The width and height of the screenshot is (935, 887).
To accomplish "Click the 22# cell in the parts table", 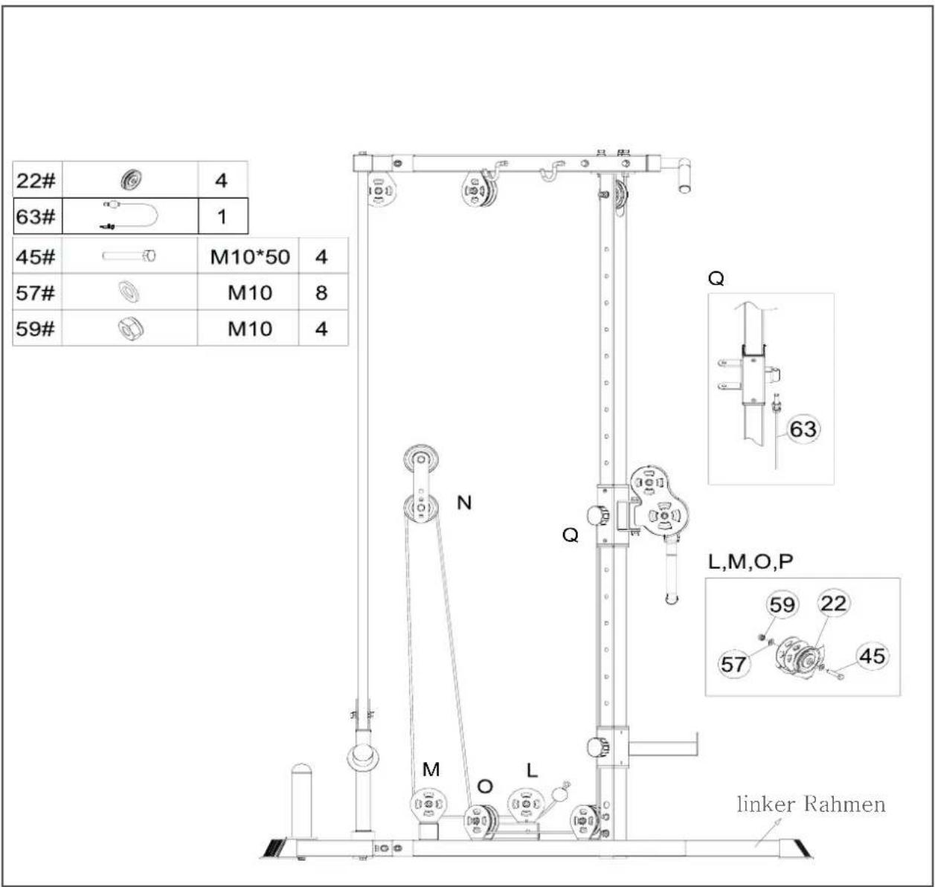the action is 36,181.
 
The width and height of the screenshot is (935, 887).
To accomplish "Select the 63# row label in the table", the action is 36,217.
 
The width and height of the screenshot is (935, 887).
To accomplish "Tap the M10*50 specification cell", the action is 250,257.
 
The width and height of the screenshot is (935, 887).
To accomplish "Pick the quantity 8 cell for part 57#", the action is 321,293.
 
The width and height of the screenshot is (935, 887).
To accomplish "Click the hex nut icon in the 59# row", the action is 130,329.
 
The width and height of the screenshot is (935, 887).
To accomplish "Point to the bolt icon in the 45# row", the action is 129,257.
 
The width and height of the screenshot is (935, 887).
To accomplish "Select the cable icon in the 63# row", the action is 130,216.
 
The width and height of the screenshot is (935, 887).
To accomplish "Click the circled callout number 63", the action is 803,429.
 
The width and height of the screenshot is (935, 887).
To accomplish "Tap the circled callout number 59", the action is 782,604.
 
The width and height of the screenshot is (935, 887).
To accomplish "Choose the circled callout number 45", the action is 873,656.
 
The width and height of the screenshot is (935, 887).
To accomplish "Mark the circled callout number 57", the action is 733,664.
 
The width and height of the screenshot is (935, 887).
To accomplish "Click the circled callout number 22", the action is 833,603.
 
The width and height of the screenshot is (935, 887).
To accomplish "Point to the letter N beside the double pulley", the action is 463,503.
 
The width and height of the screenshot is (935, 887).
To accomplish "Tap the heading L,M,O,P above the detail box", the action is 751,562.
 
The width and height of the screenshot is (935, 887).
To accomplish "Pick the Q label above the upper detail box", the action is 716,278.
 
